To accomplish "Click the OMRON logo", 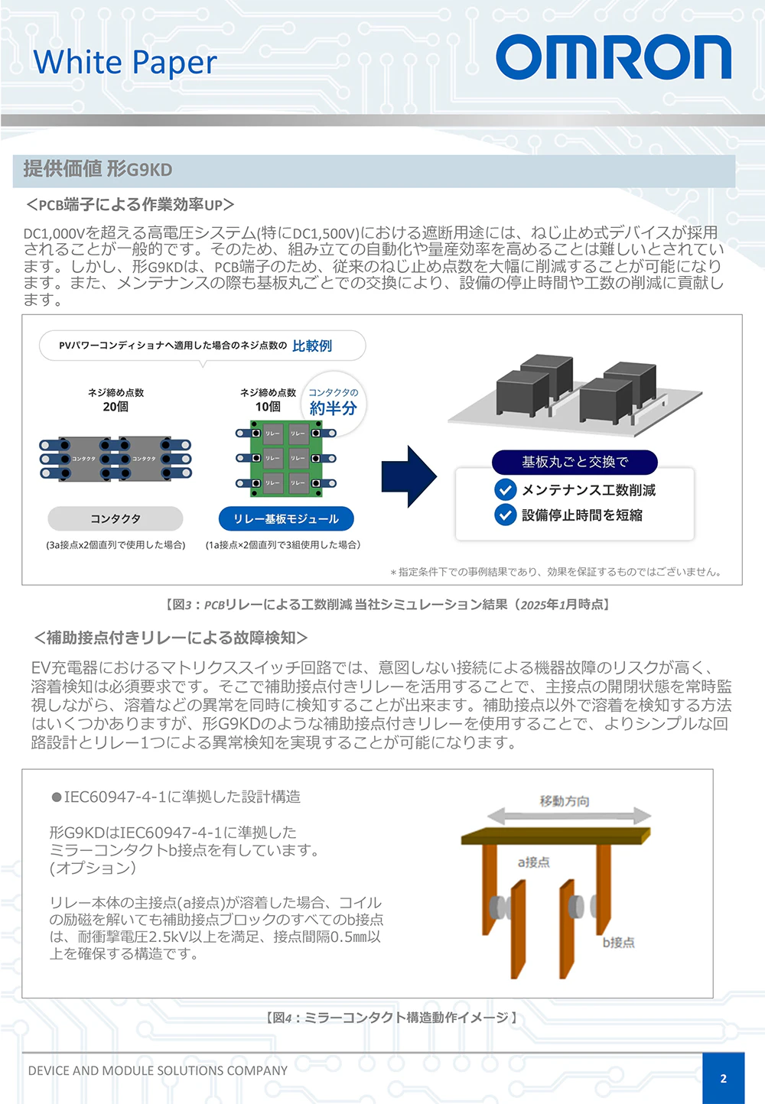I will pyautogui.click(x=614, y=57).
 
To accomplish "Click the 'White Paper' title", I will pyautogui.click(x=125, y=62).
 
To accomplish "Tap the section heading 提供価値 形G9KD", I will pyautogui.click(x=98, y=169).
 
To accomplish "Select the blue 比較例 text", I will pyautogui.click(x=312, y=346).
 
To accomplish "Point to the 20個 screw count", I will pyautogui.click(x=116, y=407).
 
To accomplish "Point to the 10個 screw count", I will pyautogui.click(x=268, y=407).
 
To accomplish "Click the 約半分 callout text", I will pyautogui.click(x=334, y=408).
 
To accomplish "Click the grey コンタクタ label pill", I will pyautogui.click(x=116, y=518).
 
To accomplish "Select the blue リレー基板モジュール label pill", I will pyautogui.click(x=286, y=518).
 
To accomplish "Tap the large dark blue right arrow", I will pyautogui.click(x=409, y=476).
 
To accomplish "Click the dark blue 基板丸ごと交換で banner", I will pyautogui.click(x=575, y=462).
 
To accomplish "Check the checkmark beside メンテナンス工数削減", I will pyautogui.click(x=505, y=489).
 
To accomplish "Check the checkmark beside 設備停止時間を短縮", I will pyautogui.click(x=505, y=515).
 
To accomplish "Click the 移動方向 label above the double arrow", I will pyautogui.click(x=565, y=800).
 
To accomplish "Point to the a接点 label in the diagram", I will pyautogui.click(x=533, y=862).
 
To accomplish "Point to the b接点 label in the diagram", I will pyautogui.click(x=618, y=942).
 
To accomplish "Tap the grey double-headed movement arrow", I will pyautogui.click(x=569, y=816).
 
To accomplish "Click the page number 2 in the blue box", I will pyautogui.click(x=724, y=1078).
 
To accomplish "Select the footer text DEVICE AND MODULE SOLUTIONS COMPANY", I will pyautogui.click(x=158, y=1070).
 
